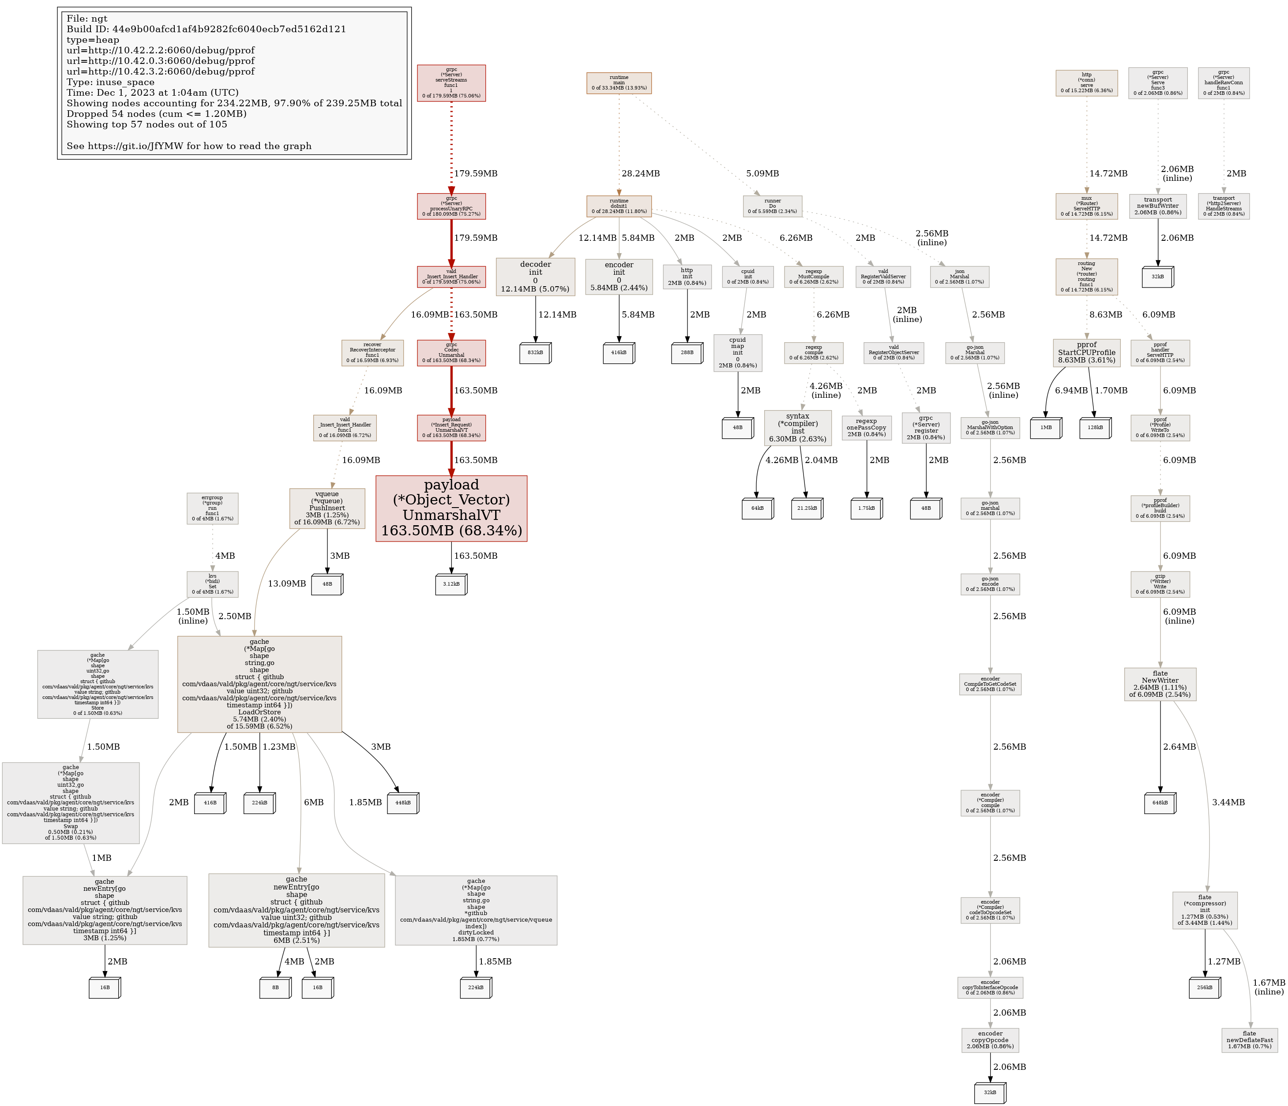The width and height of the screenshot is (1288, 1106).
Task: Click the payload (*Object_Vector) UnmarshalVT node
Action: (451, 508)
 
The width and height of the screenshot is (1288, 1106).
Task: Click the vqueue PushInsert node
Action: (327, 508)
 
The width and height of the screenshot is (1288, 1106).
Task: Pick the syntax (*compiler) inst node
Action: (797, 427)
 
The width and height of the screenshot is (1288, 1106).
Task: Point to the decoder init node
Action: (535, 276)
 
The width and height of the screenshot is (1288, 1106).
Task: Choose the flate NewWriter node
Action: (1160, 684)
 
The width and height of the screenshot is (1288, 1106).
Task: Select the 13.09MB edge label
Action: (286, 583)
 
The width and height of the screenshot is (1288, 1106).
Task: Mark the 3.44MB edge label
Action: (1228, 802)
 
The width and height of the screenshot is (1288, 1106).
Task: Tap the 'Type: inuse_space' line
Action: (111, 82)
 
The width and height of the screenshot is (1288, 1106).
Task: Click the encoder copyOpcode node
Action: (990, 1040)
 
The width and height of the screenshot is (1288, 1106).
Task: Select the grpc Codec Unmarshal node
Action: (451, 352)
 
